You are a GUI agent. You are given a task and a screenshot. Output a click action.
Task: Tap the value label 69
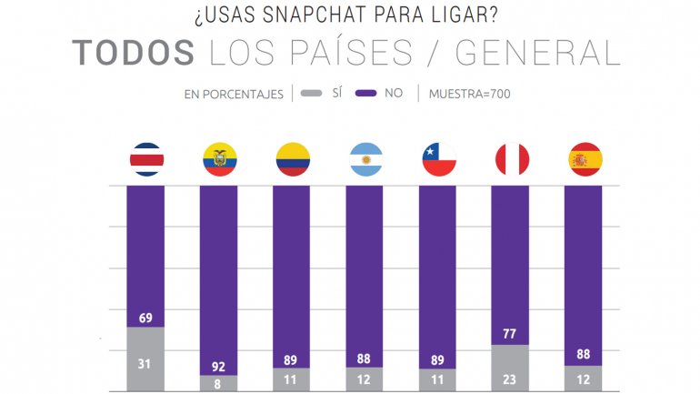click(146, 318)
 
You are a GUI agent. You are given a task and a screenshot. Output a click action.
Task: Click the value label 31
click(146, 365)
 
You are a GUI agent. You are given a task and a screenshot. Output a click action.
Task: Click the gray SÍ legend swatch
click(311, 94)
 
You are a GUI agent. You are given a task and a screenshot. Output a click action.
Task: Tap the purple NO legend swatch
click(365, 94)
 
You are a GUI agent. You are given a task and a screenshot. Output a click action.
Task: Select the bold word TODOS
click(133, 53)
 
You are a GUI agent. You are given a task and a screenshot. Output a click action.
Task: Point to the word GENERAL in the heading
click(537, 53)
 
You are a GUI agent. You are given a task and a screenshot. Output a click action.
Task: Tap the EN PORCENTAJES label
click(234, 94)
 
